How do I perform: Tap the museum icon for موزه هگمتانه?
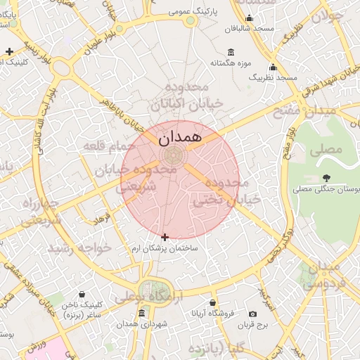[x=231, y=52]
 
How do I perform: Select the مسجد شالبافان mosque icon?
[x=248, y=18]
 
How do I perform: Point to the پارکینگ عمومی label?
[x=214, y=12]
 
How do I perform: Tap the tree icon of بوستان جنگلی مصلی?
[x=326, y=178]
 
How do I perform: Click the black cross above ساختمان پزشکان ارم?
[x=165, y=237]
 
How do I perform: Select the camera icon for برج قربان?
[x=253, y=314]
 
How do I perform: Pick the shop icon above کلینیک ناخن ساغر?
[x=83, y=294]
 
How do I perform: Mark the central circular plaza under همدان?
[x=172, y=155]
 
